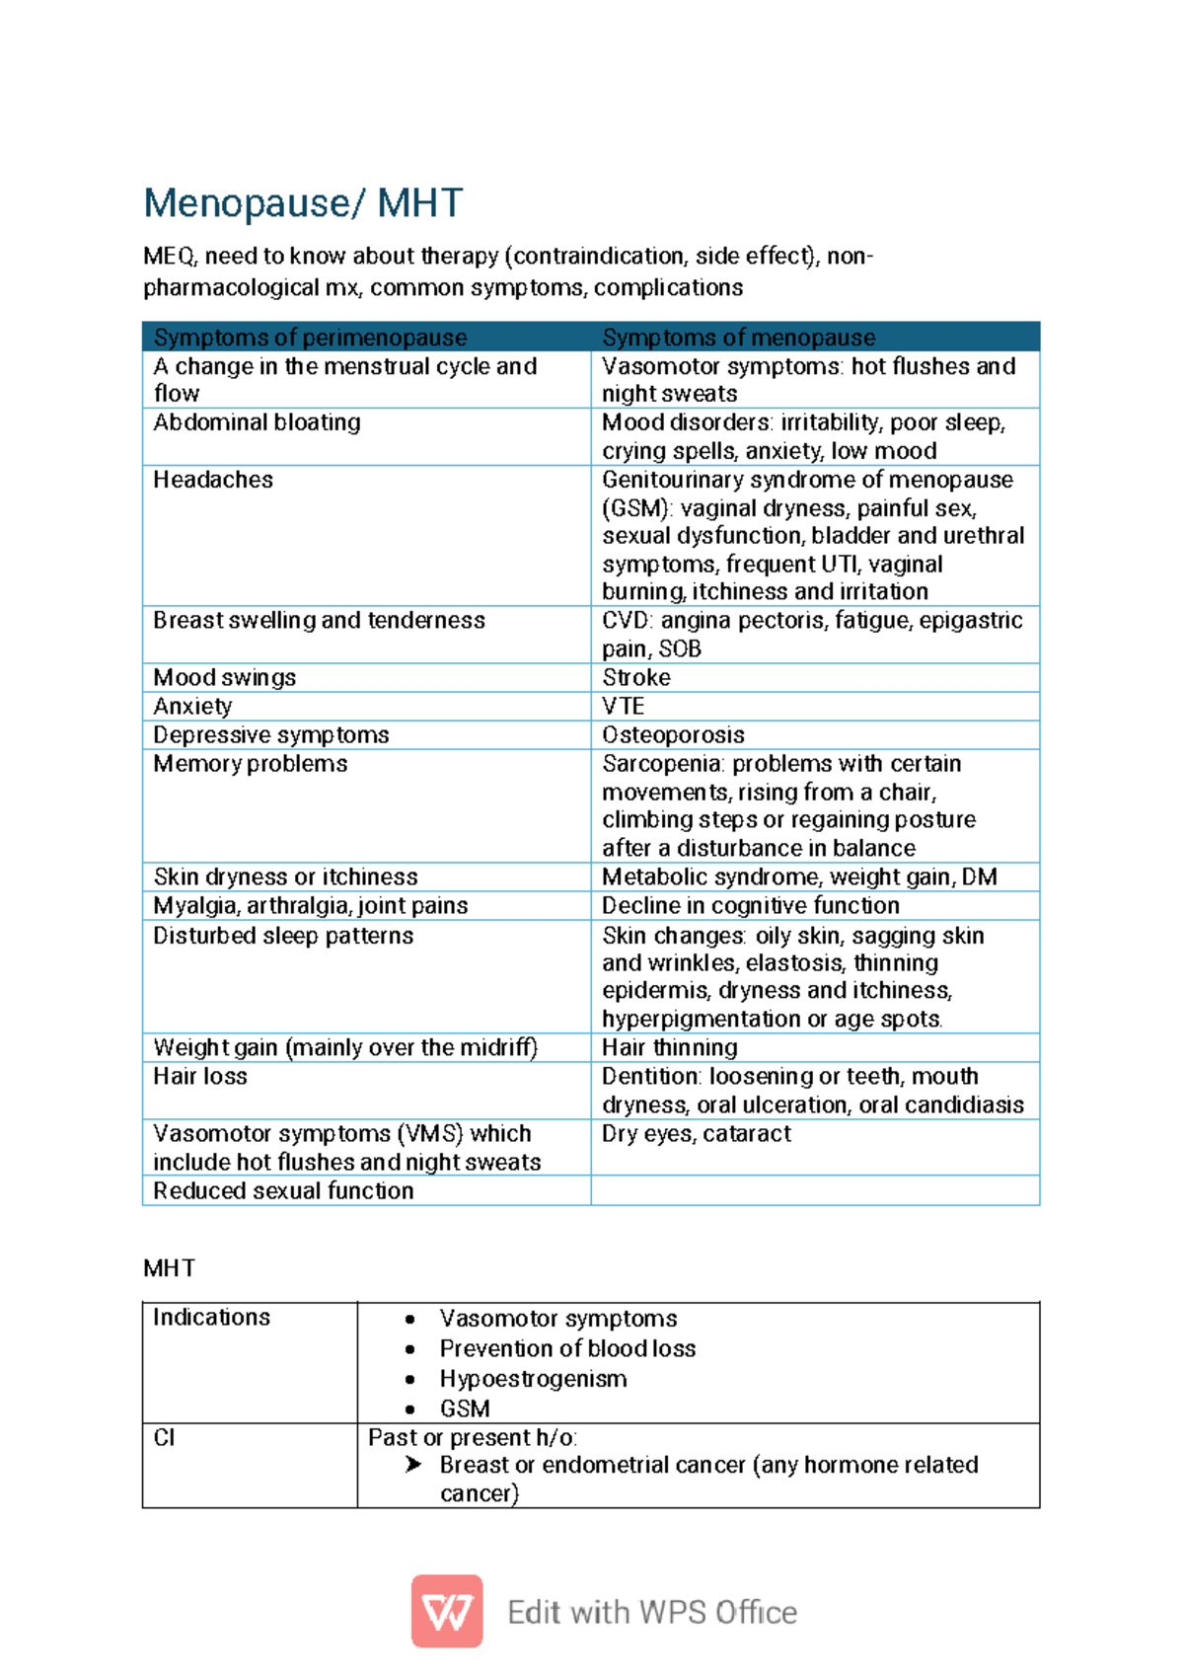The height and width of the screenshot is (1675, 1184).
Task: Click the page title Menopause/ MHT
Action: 303,203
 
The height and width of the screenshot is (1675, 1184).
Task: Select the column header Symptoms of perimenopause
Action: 310,338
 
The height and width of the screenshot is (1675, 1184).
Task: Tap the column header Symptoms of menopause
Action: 738,338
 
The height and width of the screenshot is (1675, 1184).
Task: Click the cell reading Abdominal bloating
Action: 257,422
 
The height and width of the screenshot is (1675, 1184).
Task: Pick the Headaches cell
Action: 213,480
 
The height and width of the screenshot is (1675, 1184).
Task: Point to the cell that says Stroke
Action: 636,678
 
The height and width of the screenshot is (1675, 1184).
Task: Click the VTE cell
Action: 624,707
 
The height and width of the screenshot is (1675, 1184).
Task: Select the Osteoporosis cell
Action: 673,735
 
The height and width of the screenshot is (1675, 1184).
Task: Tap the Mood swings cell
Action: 224,678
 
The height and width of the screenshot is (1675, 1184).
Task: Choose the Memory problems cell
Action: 250,764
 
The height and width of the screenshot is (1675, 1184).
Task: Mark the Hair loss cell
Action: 199,1077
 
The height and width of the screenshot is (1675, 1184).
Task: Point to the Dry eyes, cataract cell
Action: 696,1134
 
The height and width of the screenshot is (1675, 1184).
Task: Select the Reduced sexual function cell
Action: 283,1191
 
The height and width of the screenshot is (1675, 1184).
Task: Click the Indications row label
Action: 211,1318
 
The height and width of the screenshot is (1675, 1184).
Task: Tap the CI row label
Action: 164,1438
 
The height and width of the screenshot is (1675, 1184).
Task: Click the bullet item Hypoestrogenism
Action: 533,1379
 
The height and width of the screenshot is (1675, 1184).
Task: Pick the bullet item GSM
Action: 465,1409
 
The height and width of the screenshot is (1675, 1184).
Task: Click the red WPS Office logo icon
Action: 447,1611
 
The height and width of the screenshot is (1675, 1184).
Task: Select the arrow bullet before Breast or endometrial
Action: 413,1465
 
